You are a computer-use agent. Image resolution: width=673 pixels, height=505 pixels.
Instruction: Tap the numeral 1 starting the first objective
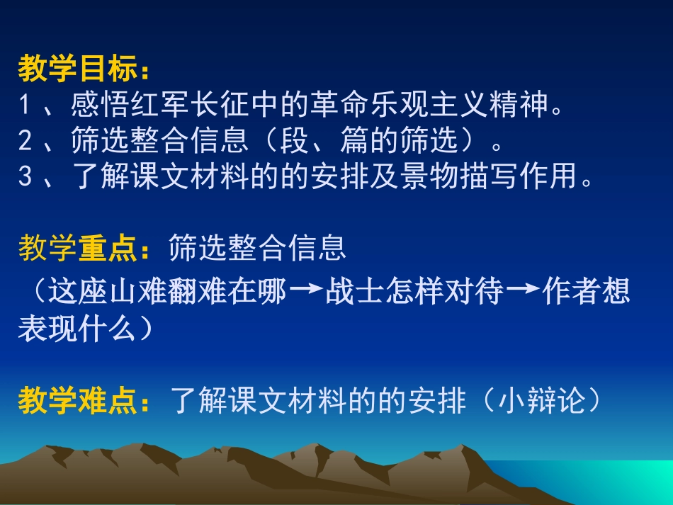coord(26,106)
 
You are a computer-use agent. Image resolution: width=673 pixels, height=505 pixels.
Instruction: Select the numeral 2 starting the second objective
coord(26,142)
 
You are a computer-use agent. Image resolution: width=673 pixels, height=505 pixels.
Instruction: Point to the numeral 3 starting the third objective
coord(26,177)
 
